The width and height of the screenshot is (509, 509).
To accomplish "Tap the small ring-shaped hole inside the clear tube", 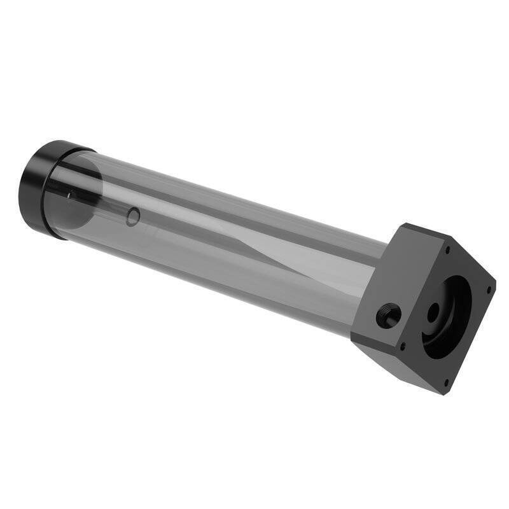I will click(x=132, y=218).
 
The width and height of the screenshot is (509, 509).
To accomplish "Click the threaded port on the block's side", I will click(x=388, y=315).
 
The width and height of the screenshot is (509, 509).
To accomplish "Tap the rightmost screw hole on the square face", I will click(x=488, y=289).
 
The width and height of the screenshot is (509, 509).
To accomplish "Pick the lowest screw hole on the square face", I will click(x=446, y=383).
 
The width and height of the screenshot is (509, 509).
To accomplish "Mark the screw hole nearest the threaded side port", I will click(x=402, y=345).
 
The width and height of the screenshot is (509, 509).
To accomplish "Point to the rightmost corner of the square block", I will click(x=495, y=280).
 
